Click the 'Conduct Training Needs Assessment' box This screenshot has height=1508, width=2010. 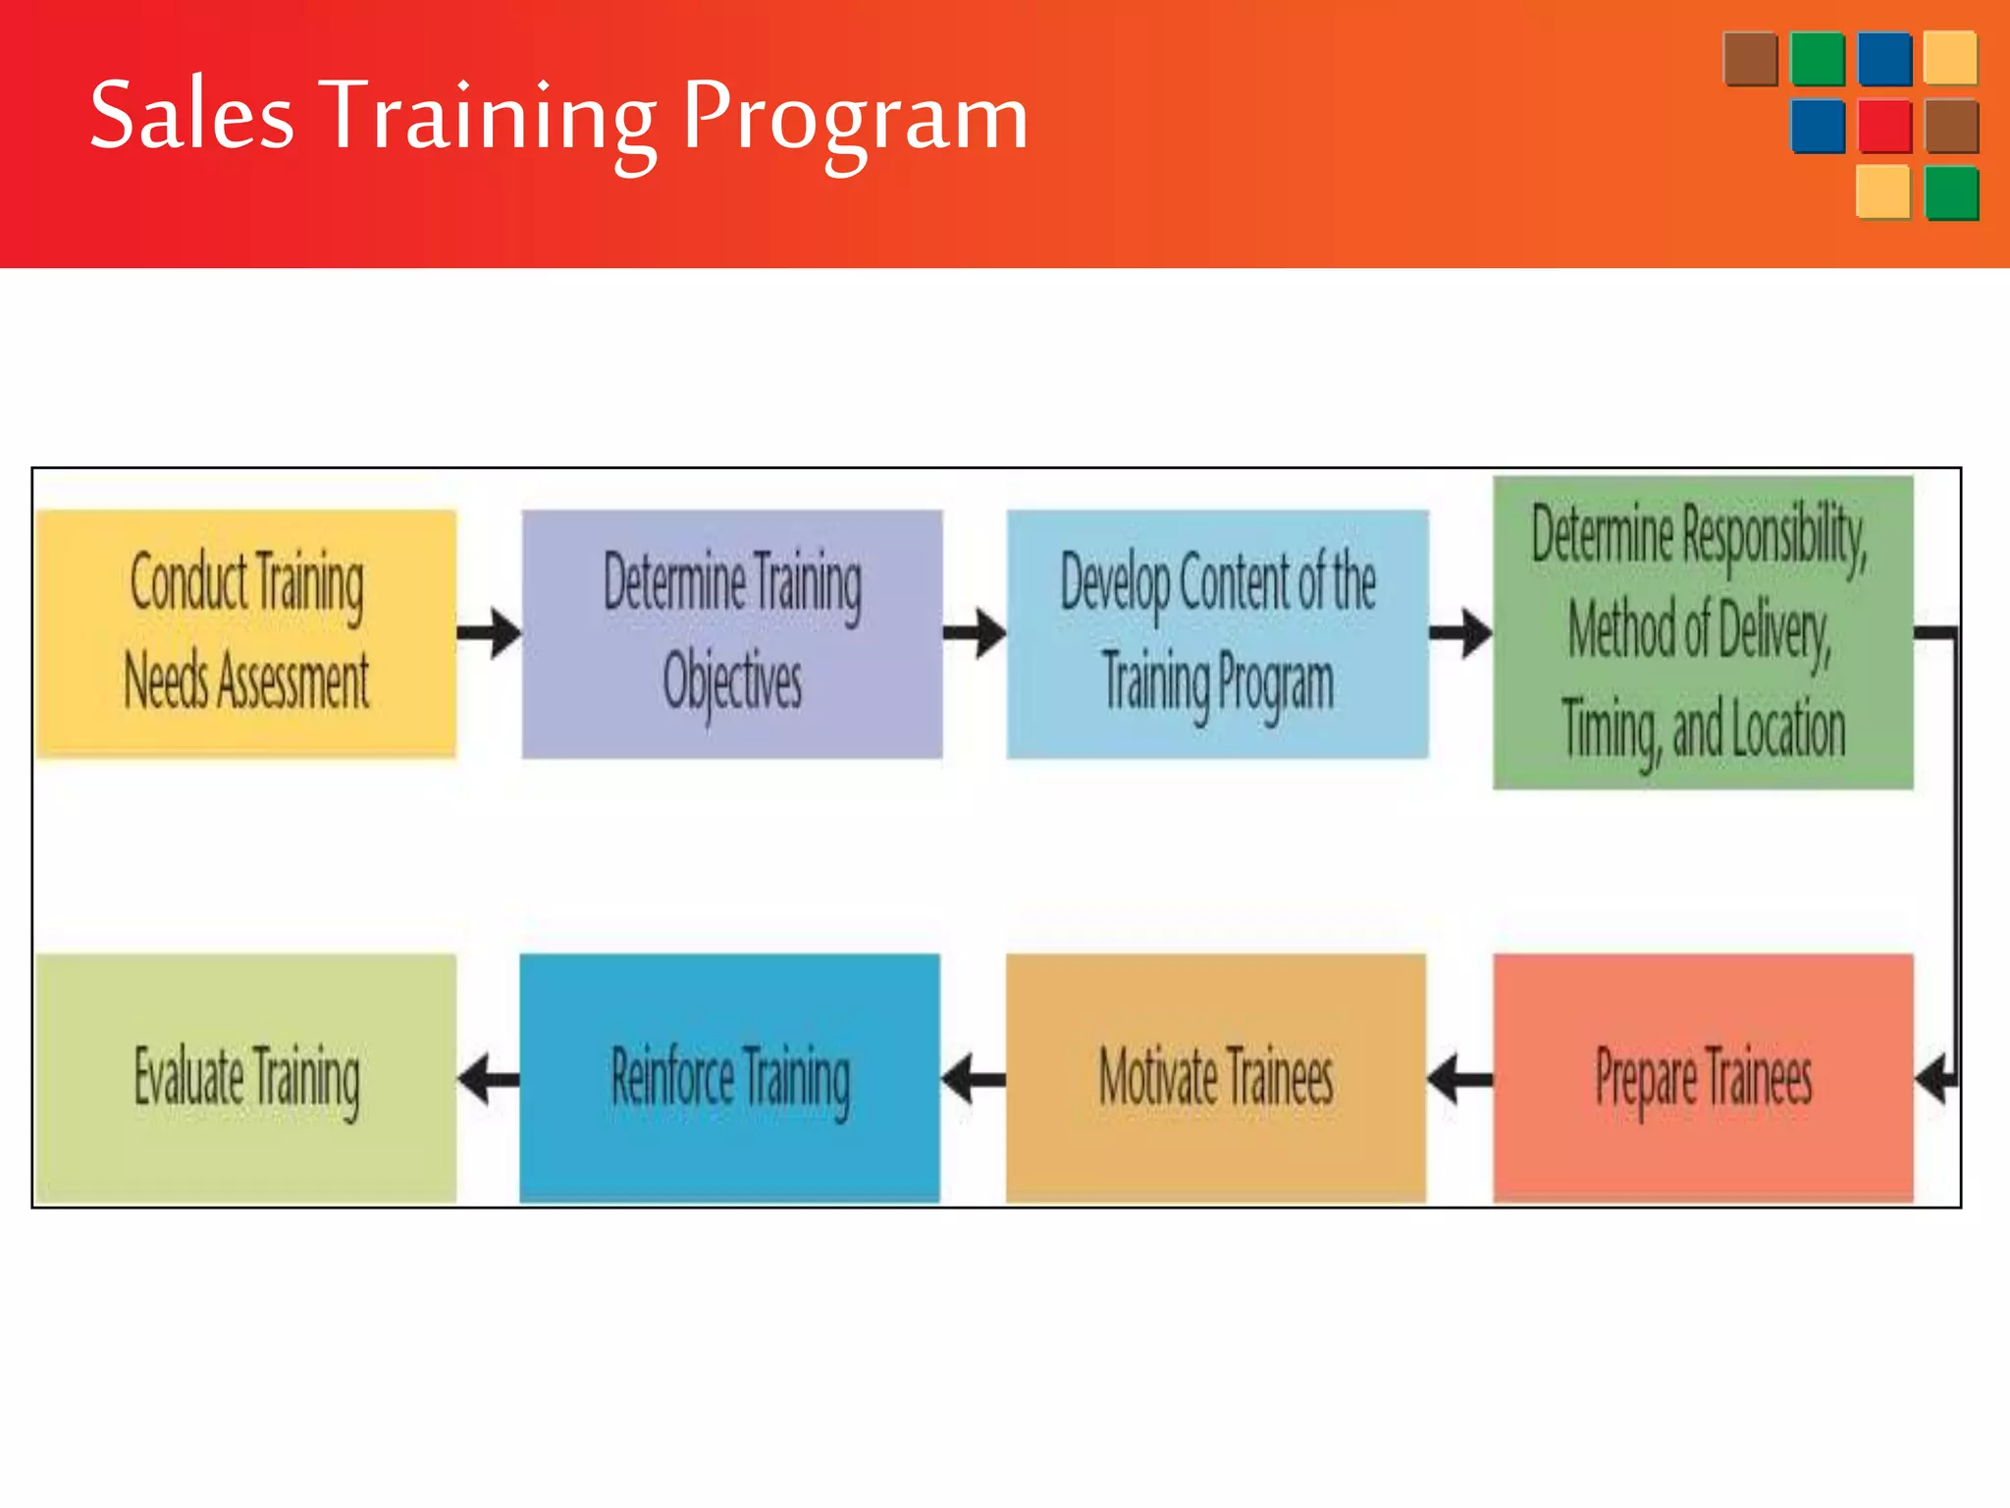(x=246, y=633)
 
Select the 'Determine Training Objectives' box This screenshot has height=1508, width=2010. (x=732, y=633)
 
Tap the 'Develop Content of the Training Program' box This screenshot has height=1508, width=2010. (x=1217, y=633)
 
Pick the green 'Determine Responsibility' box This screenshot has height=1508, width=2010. (x=1703, y=632)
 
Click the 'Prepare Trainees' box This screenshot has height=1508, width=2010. (x=1703, y=1077)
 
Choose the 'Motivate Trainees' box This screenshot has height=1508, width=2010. (x=1216, y=1077)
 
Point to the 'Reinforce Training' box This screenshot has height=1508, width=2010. (x=730, y=1077)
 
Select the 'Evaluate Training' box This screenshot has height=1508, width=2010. (x=246, y=1077)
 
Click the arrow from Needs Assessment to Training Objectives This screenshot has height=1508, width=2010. (x=489, y=633)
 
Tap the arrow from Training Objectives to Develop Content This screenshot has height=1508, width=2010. (x=975, y=633)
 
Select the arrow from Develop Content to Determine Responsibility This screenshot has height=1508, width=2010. (x=1460, y=633)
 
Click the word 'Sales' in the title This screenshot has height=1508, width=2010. (x=192, y=116)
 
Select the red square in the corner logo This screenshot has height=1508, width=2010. (x=1884, y=126)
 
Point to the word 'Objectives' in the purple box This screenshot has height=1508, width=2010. (x=732, y=681)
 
